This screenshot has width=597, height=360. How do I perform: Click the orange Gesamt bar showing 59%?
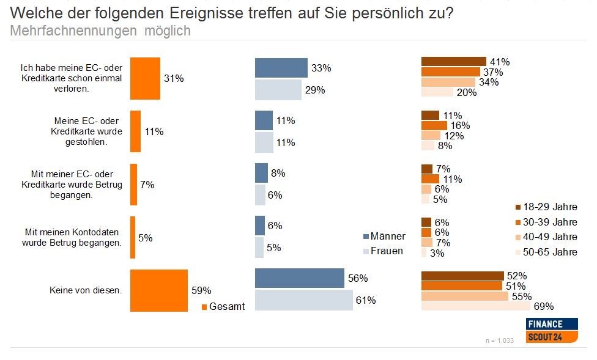[x=158, y=290]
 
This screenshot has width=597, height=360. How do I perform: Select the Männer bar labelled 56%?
[x=299, y=278]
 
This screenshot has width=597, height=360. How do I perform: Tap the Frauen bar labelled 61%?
[x=303, y=300]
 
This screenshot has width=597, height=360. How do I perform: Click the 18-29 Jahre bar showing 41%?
[x=453, y=62]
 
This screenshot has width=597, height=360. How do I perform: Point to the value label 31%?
[x=173, y=78]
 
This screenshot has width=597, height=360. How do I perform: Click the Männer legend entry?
[x=384, y=236]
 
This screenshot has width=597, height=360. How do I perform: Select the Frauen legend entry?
[x=383, y=251]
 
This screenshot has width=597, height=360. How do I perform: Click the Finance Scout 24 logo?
[x=552, y=330]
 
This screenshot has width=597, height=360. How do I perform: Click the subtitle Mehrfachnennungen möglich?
[x=100, y=31]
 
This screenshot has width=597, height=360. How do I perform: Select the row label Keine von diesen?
[x=85, y=290]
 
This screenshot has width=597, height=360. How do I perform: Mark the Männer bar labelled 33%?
[x=281, y=68]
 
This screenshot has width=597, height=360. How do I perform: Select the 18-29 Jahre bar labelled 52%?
[x=462, y=276]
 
